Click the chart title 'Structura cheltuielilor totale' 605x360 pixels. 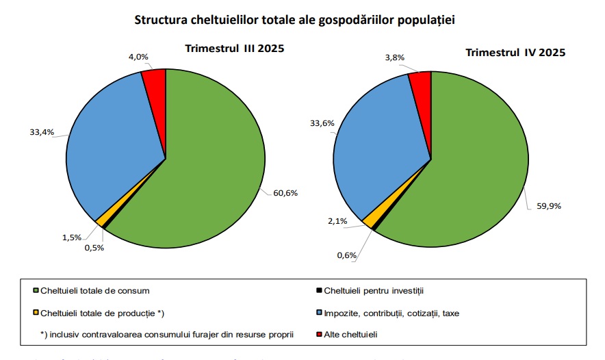click(295, 20)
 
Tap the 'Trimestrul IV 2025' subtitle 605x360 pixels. click(515, 52)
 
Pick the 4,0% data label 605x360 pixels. click(139, 58)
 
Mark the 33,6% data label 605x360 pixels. click(323, 124)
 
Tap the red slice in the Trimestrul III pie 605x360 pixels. click(155, 81)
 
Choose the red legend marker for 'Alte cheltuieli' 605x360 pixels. click(319, 335)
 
